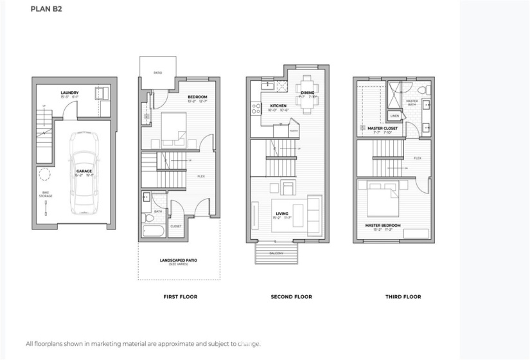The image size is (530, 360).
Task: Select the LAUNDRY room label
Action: (69, 93)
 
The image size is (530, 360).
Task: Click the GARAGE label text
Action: (84, 172)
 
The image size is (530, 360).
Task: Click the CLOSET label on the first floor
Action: (176, 226)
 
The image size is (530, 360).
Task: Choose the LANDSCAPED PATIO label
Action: (179, 260)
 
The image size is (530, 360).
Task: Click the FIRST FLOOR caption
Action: (180, 297)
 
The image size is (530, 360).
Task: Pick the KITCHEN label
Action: (278, 105)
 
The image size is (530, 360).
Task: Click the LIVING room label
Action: (281, 213)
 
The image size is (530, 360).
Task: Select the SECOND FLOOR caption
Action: (292, 297)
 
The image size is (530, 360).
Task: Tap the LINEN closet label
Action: (394, 116)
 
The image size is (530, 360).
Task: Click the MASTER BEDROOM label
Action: (383, 225)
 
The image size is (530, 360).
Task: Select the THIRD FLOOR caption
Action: (403, 297)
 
